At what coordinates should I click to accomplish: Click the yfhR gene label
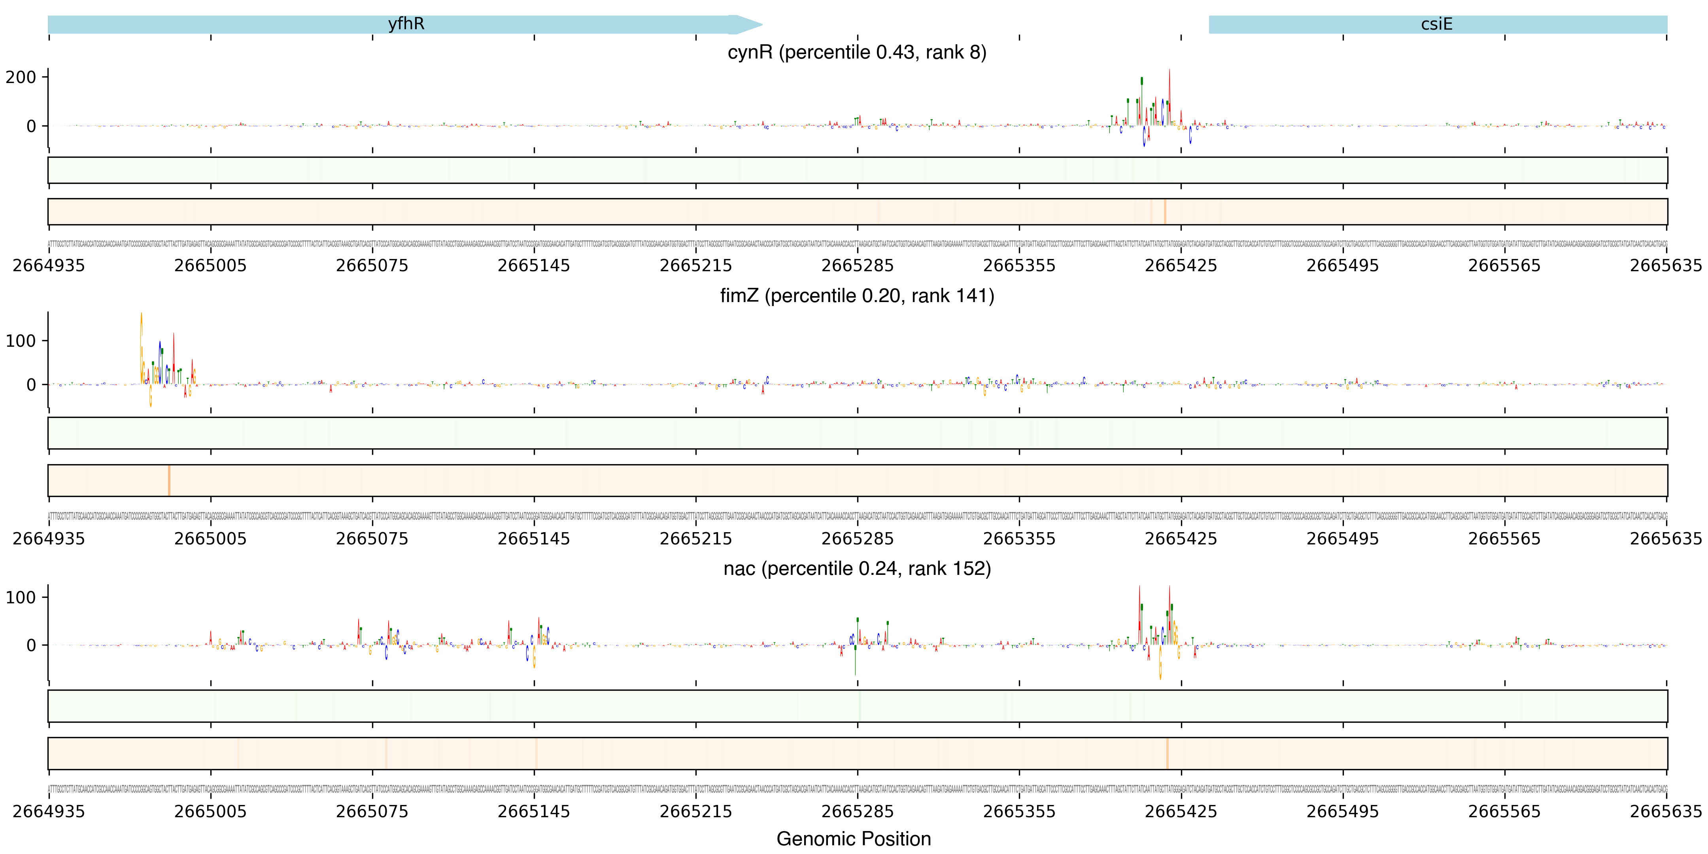406,24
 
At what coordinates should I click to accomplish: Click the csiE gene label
1436,24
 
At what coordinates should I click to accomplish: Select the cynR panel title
857,52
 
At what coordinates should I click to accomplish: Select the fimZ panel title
857,296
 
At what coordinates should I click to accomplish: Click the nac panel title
857,569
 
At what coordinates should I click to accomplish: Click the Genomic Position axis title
853,839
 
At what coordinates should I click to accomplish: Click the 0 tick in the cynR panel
30,126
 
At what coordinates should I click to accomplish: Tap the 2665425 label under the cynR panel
1181,266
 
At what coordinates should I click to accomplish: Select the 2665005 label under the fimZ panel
210,538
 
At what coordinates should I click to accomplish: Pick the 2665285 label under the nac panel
857,812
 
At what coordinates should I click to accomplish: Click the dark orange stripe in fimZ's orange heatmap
169,480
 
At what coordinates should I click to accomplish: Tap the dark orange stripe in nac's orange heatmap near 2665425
1167,753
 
